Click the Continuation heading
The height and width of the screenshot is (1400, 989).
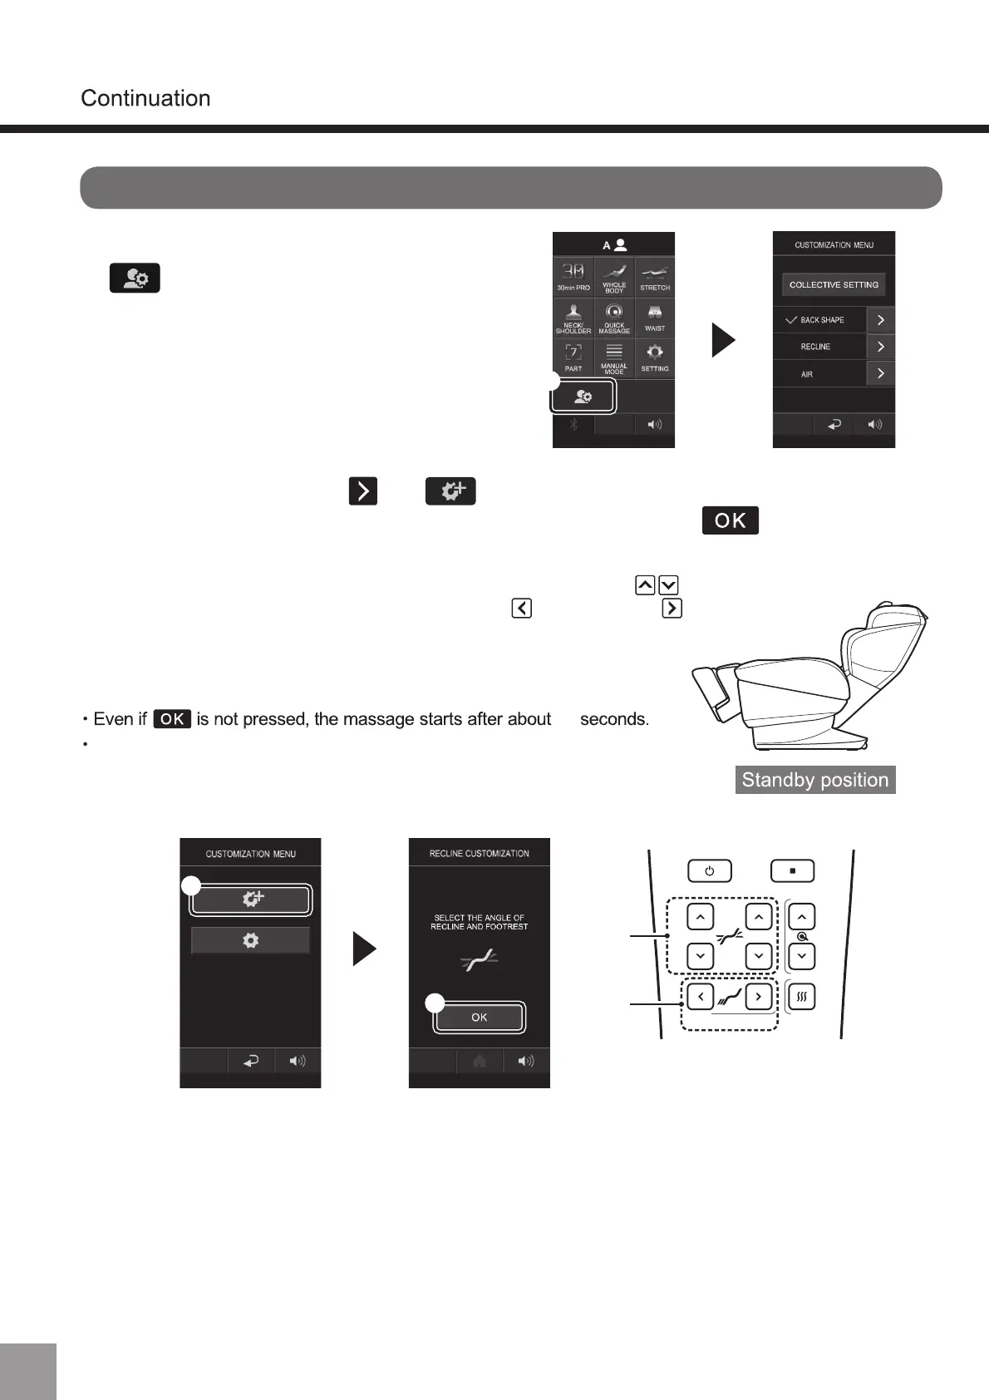pos(145,98)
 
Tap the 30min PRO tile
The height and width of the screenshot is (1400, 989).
pos(573,277)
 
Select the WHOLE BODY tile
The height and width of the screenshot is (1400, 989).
pos(614,277)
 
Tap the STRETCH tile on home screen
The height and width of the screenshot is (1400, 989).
pos(655,277)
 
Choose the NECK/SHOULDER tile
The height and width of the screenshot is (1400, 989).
pos(573,318)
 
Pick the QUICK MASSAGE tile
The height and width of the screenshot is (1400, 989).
pos(614,318)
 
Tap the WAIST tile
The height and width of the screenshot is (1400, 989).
pos(655,318)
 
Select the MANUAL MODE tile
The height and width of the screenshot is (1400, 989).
pos(614,357)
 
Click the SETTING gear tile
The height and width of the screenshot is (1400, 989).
pos(655,357)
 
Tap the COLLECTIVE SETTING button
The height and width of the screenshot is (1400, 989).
pos(834,284)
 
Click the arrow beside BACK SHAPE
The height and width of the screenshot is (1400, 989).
pos(880,320)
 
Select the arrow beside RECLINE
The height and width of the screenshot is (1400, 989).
pos(880,347)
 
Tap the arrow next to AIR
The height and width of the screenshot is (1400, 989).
pos(880,374)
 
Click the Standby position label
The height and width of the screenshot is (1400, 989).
pos(815,780)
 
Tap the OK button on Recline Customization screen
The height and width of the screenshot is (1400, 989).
pos(480,1017)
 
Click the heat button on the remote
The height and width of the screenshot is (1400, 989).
pos(801,996)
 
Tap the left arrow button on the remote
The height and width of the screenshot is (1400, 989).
pos(701,996)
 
